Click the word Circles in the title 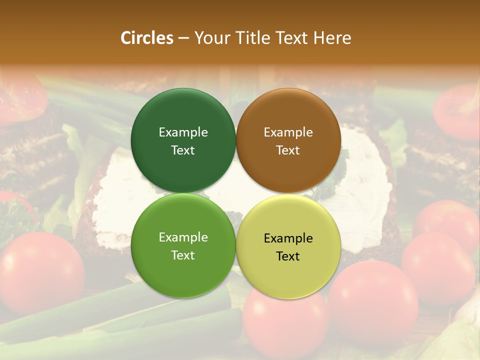[x=147, y=38]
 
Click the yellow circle [x=288, y=275]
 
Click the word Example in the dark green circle [x=183, y=132]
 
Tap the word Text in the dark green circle [x=183, y=150]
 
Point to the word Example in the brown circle [x=288, y=132]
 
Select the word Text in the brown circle [x=288, y=150]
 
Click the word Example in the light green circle [x=183, y=237]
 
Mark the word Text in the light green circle [x=183, y=255]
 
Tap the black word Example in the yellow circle [x=288, y=238]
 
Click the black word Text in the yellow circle [x=288, y=256]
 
